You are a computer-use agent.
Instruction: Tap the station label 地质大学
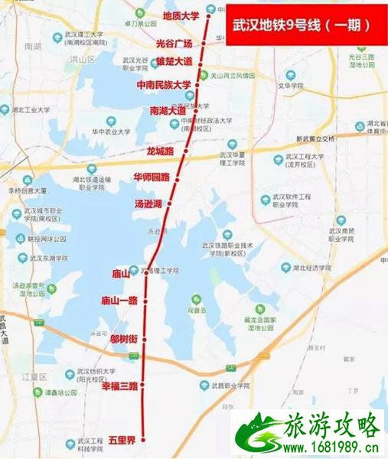click(x=181, y=15)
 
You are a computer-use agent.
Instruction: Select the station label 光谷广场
click(x=174, y=44)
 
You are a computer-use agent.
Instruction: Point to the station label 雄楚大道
click(x=174, y=61)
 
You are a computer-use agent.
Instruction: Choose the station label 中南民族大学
click(x=164, y=84)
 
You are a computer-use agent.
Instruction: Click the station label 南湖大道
click(x=168, y=110)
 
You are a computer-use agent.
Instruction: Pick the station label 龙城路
click(x=161, y=151)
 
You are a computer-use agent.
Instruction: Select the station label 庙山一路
click(x=119, y=301)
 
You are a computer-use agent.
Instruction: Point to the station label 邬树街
click(x=123, y=337)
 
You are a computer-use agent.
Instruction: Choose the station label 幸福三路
click(x=119, y=386)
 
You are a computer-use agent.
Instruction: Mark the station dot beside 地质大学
click(x=210, y=15)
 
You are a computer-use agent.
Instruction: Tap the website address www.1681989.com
click(x=335, y=445)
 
